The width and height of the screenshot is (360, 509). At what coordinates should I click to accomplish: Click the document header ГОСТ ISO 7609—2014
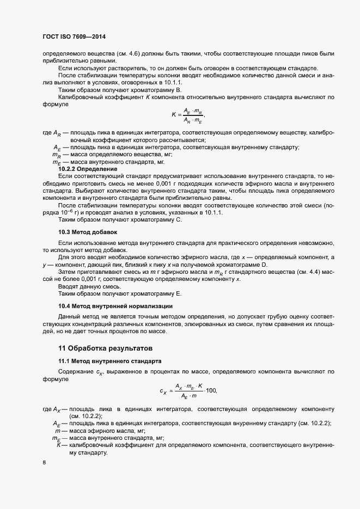click(74, 36)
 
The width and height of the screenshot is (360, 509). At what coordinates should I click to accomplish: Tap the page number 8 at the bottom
click(44, 463)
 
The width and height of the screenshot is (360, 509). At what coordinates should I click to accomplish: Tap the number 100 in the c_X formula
click(211, 390)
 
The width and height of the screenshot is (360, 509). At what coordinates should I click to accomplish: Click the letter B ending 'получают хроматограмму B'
click(179, 89)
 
